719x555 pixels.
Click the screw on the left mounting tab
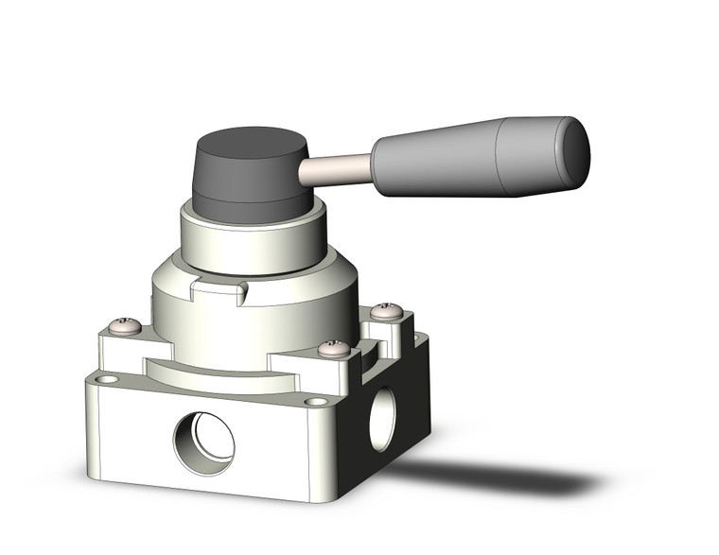coord(126,327)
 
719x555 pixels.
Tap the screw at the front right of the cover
coord(333,349)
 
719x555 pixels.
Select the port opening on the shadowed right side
coord(382,417)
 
